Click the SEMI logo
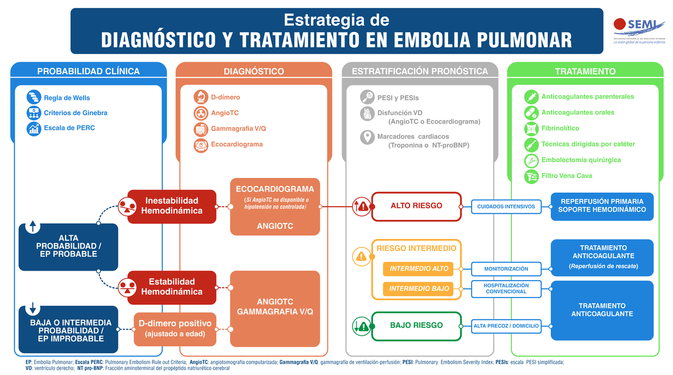click(639, 29)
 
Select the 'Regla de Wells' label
click(67, 98)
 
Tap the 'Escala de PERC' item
click(69, 128)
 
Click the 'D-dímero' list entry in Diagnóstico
click(225, 97)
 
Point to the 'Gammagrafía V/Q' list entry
click(238, 129)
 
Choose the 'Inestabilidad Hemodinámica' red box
click(172, 206)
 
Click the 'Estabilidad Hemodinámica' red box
click(172, 286)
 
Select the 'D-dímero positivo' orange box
click(175, 329)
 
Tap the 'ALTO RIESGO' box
click(416, 206)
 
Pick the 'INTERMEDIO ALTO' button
click(419, 269)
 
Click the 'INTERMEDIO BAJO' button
click(419, 289)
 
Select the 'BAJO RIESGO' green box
click(416, 326)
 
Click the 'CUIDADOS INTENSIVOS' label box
click(506, 207)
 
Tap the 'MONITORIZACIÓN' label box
click(506, 269)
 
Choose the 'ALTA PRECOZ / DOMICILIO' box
click(506, 326)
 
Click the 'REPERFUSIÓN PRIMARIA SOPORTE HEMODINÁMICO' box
click(602, 205)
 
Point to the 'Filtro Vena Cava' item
click(566, 176)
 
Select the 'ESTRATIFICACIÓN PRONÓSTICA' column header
click(420, 71)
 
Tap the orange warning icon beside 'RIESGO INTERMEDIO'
click(361, 257)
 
